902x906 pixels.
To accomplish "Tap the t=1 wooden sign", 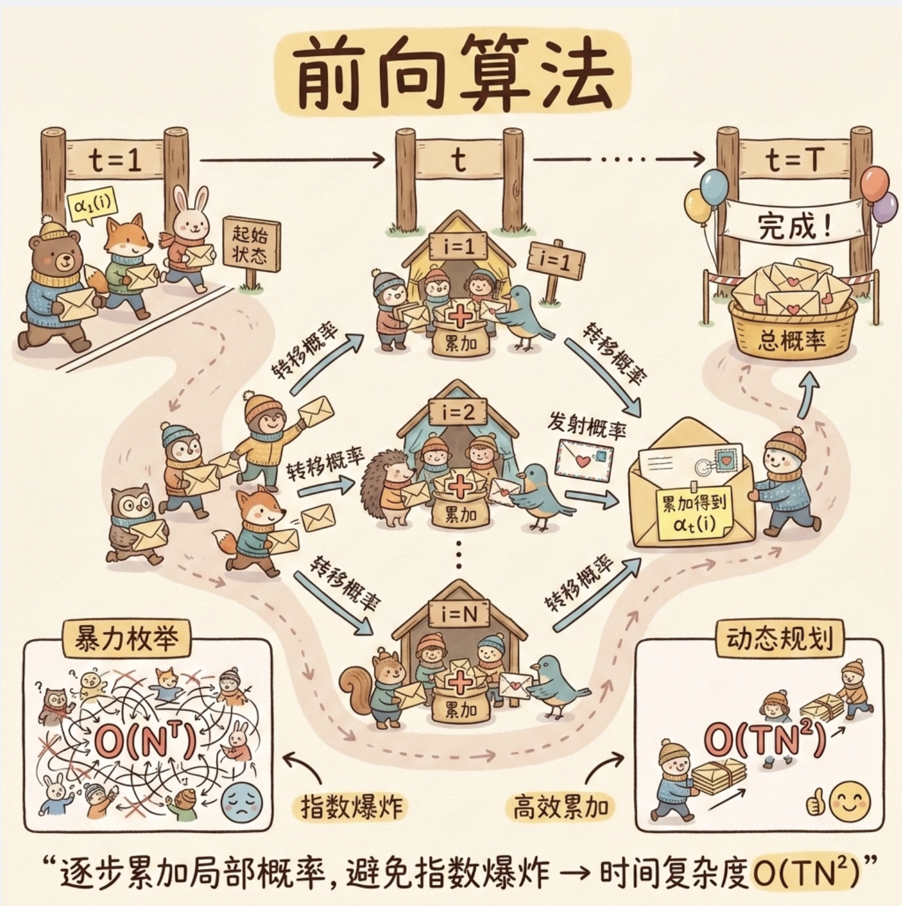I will click(x=115, y=159).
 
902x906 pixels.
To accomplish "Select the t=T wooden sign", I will click(x=794, y=159).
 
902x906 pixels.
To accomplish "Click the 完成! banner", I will click(x=794, y=226).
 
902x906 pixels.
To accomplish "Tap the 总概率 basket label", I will click(x=791, y=341).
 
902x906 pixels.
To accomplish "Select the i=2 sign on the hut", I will click(x=458, y=412).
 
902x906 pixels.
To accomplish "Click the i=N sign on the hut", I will click(x=459, y=615).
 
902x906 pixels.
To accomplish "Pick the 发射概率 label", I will click(x=586, y=424).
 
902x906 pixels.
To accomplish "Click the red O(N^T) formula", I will click(x=145, y=743).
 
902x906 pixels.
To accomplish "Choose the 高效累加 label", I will click(x=560, y=806).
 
